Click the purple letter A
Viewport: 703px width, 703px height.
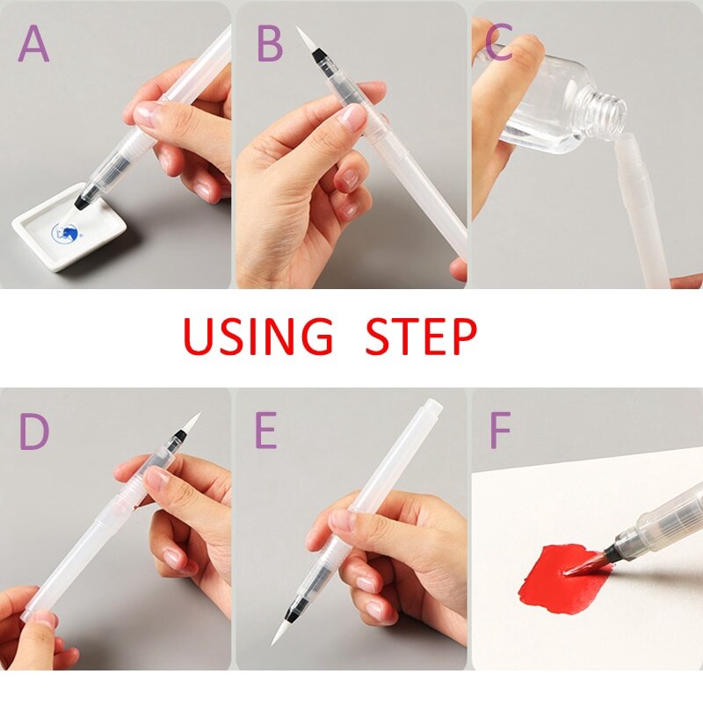[x=33, y=45]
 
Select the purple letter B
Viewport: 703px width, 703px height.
[x=270, y=45]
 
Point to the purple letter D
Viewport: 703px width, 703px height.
[x=34, y=431]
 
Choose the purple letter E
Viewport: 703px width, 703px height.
[x=266, y=431]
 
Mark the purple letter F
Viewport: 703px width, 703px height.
[x=499, y=431]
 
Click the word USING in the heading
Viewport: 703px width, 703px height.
[x=257, y=337]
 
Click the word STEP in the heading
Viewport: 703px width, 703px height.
[x=421, y=337]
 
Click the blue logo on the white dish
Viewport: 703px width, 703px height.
[x=65, y=232]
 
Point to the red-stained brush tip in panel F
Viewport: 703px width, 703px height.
[x=583, y=565]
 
